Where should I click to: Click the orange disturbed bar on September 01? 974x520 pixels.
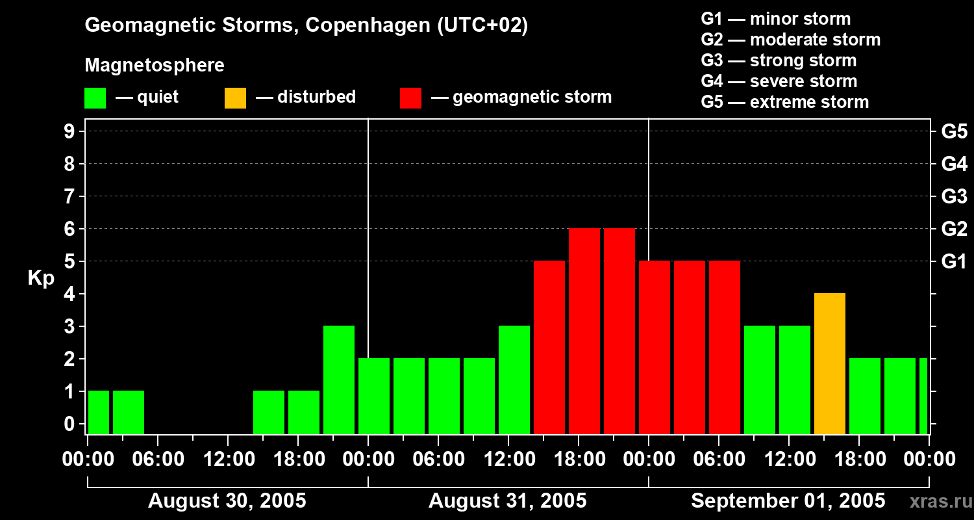(830, 364)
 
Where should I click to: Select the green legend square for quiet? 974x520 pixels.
(95, 98)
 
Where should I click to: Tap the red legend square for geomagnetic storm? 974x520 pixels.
(410, 98)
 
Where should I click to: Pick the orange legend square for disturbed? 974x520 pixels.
(235, 98)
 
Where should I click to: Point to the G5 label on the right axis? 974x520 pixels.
(954, 131)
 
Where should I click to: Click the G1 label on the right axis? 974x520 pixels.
(954, 261)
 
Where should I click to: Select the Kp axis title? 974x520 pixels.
(41, 278)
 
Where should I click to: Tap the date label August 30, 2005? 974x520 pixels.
(227, 500)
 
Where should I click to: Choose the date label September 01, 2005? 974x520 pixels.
(788, 500)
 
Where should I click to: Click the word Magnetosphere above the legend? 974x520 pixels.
(155, 65)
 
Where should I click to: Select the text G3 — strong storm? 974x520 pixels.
(779, 60)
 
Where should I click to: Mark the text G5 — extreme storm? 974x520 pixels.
(784, 102)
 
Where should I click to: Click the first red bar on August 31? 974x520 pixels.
(549, 348)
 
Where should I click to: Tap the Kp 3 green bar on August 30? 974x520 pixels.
(339, 380)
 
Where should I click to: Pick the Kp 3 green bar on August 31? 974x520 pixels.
(514, 380)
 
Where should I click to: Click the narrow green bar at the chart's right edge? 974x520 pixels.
(923, 396)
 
